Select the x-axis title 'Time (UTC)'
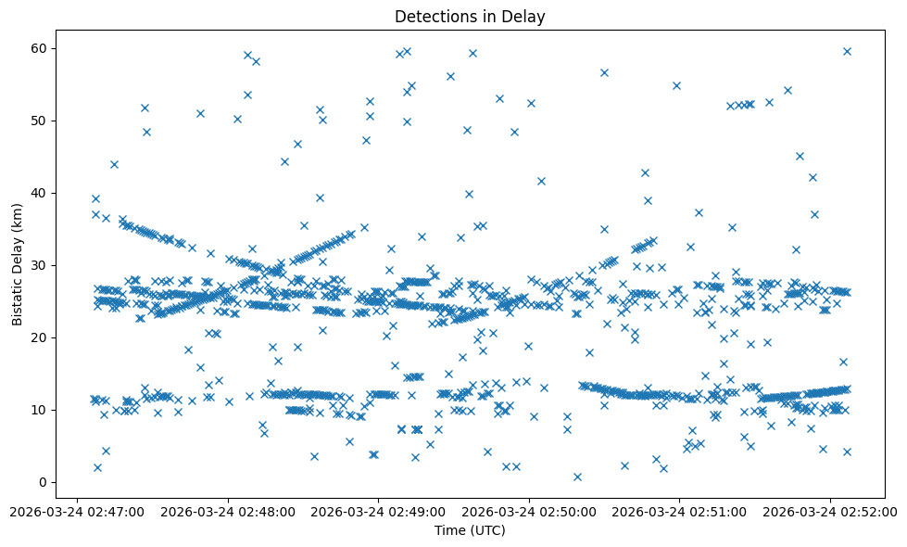point(470,530)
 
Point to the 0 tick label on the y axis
point(43,482)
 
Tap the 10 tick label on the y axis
point(39,410)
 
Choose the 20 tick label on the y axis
point(39,337)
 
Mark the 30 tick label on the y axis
point(39,265)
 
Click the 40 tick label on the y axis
point(39,193)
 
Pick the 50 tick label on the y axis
point(39,121)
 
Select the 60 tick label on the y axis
point(39,48)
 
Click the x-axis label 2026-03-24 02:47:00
point(78,511)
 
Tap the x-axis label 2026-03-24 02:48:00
point(228,511)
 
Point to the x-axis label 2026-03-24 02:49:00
point(379,511)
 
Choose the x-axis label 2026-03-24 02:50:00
point(530,511)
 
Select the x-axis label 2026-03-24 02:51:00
point(680,511)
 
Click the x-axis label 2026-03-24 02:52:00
point(831,511)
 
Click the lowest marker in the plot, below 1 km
point(577,477)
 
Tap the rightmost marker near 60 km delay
point(847,51)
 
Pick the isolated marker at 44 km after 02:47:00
point(114,164)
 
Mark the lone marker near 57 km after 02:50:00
point(604,72)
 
